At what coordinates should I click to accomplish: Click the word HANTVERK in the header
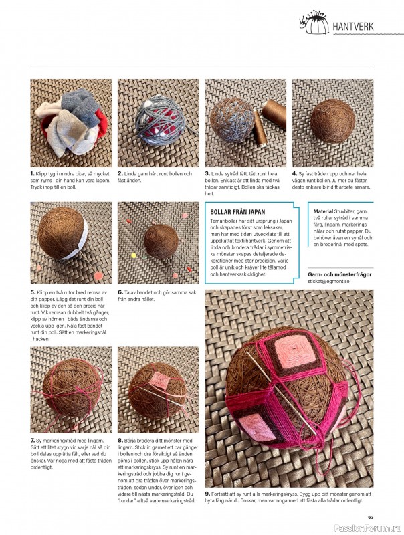pyautogui.click(x=352, y=27)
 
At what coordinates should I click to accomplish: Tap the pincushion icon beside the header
pyautogui.click(x=314, y=23)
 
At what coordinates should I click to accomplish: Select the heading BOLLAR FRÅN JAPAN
pyautogui.click(x=237, y=212)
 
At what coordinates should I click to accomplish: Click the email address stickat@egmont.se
pyautogui.click(x=328, y=281)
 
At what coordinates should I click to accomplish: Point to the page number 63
pyautogui.click(x=371, y=517)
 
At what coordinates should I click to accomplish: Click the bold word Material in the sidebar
pyautogui.click(x=323, y=211)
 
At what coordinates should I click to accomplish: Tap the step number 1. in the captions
pyautogui.click(x=33, y=174)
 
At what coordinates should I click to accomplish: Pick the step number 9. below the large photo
pyautogui.click(x=207, y=494)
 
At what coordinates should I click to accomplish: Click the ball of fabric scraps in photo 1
pyautogui.click(x=71, y=122)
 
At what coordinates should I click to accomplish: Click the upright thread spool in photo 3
pyautogui.click(x=260, y=128)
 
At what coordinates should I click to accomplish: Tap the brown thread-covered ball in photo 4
pyautogui.click(x=332, y=120)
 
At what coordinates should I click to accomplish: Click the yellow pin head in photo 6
pyautogui.click(x=133, y=255)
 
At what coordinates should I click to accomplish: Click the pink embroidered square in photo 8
pyautogui.click(x=158, y=380)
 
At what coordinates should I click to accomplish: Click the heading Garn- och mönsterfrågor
pyautogui.click(x=340, y=274)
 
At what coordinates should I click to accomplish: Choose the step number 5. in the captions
pyautogui.click(x=33, y=292)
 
